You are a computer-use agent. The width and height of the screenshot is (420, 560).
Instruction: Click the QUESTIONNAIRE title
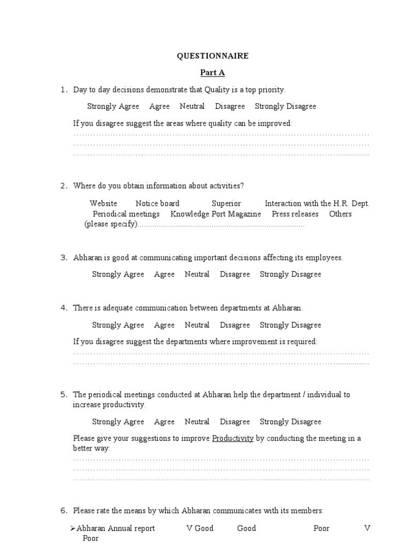click(212, 56)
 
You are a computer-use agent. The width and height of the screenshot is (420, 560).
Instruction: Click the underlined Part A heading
click(212, 72)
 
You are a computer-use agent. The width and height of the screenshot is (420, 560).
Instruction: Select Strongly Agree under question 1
click(113, 106)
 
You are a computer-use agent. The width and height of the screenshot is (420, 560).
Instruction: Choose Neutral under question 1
click(192, 106)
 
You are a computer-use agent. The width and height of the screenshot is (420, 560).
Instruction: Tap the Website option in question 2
click(103, 203)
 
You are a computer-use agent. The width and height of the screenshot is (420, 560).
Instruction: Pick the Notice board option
click(157, 203)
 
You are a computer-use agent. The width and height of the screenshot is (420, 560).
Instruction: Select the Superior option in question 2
click(226, 203)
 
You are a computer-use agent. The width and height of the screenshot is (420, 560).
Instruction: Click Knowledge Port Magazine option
click(215, 214)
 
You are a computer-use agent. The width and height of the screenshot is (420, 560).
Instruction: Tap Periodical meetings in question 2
click(126, 214)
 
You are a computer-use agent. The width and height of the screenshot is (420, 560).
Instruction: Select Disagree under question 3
click(235, 274)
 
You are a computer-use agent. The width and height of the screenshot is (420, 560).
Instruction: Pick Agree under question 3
click(164, 274)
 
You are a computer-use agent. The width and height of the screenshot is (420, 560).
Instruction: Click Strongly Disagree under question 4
click(290, 325)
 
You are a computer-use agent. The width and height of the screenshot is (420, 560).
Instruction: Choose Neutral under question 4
click(197, 325)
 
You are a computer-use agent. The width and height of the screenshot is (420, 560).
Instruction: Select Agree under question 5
click(164, 422)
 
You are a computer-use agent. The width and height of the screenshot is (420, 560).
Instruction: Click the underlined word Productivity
click(232, 439)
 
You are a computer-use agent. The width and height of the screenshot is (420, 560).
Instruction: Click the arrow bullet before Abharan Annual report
click(73, 528)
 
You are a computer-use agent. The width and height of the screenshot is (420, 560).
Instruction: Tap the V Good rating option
click(200, 528)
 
